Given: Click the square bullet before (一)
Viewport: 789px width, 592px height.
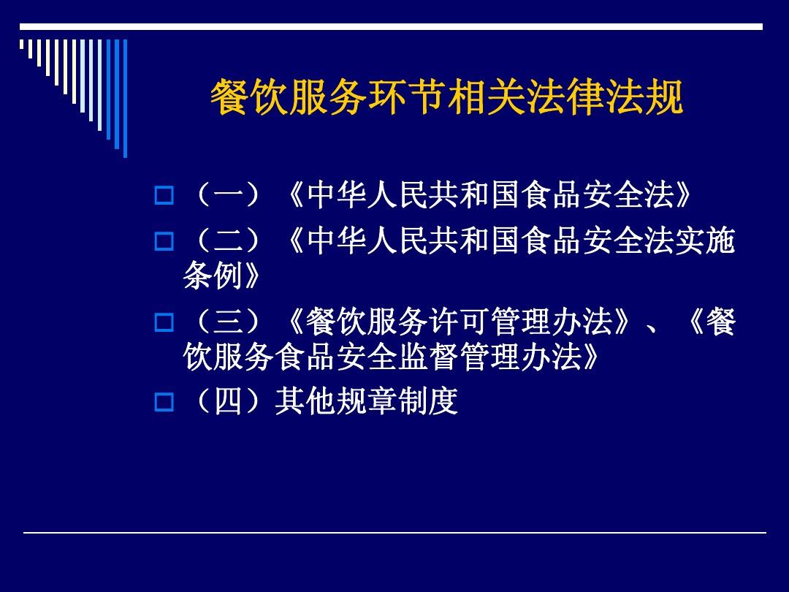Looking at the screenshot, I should (164, 196).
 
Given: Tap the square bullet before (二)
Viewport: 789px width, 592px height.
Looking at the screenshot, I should (164, 240).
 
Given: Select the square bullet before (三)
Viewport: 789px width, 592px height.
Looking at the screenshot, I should (164, 322).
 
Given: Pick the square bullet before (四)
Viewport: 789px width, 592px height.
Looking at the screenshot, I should (164, 402).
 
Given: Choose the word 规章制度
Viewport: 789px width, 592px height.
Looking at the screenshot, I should (397, 401).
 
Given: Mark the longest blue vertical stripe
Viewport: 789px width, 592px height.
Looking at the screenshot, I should (125, 98).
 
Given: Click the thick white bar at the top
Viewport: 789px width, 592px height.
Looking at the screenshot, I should (391, 26).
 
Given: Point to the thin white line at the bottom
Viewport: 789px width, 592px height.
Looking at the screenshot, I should (394, 533).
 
